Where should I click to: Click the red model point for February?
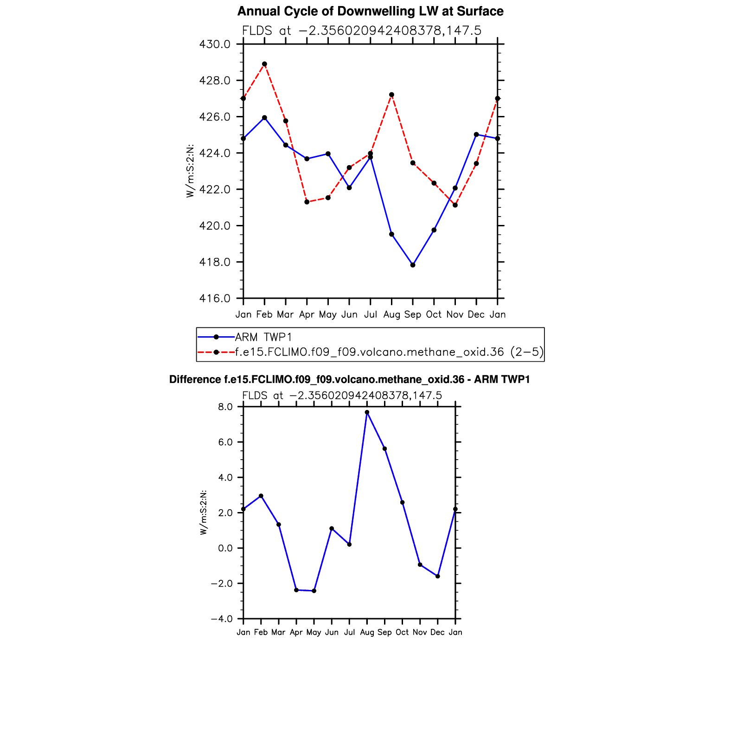264,64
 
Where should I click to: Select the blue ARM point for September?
413,265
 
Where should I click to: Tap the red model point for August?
391,95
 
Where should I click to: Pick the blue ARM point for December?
476,134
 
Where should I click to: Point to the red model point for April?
307,202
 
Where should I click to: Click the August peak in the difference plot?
367,412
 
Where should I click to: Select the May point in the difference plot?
314,591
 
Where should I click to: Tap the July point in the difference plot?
349,544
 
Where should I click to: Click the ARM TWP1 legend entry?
263,337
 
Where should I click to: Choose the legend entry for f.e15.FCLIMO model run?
389,352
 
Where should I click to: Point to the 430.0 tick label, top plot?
214,45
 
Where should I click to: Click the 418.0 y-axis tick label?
214,263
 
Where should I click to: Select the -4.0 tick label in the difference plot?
222,619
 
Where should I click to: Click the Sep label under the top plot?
413,314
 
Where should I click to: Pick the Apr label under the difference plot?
296,632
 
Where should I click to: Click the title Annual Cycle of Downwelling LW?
370,11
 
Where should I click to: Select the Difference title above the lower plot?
349,379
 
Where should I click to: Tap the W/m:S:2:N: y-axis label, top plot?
190,171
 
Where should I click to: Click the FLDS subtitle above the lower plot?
342,396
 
